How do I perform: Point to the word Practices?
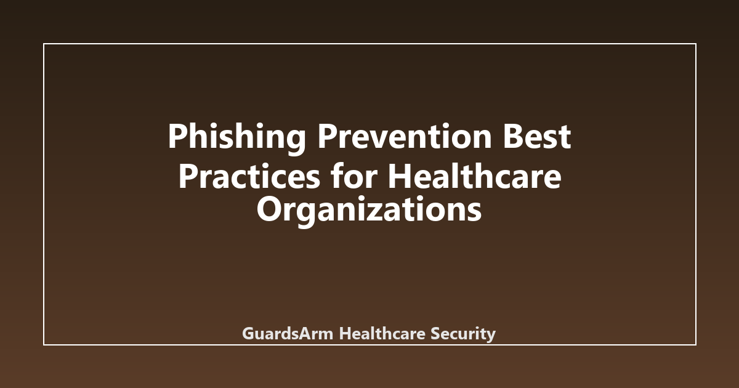pos(249,176)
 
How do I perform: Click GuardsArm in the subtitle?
pos(288,333)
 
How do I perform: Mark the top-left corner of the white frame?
pos(44,44)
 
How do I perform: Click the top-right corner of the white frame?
pos(696,44)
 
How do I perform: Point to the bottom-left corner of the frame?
pos(44,345)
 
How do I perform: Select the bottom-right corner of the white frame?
pos(696,345)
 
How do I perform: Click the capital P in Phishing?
pos(178,136)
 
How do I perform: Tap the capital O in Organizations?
pos(269,209)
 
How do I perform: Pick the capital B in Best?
pos(513,136)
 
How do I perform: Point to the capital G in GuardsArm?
pos(248,333)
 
